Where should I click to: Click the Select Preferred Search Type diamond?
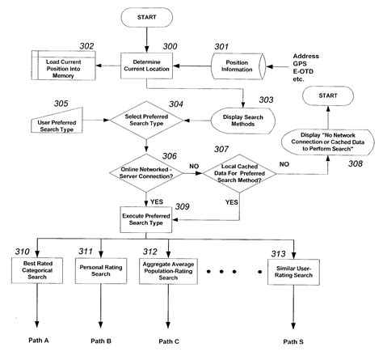146,122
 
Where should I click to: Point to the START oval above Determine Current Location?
145,17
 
